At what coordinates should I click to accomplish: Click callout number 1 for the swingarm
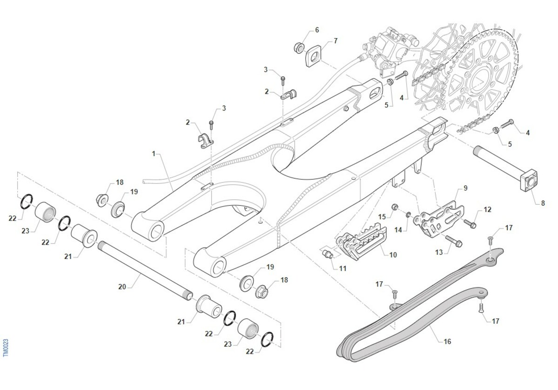[154, 154]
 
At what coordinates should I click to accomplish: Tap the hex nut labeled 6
[299, 48]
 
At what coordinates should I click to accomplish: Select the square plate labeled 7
[313, 56]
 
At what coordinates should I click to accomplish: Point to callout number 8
[543, 203]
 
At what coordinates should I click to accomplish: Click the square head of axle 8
[529, 180]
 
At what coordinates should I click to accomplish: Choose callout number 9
[465, 188]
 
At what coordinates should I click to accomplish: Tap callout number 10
[393, 255]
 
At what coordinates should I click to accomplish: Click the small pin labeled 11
[327, 254]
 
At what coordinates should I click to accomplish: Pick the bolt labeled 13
[454, 241]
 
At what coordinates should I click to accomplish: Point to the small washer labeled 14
[408, 214]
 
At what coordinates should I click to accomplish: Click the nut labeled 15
[395, 207]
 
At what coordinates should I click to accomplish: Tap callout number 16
[447, 341]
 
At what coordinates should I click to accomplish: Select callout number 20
[122, 287]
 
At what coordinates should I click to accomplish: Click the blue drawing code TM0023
[6, 348]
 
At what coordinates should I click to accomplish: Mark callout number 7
[336, 40]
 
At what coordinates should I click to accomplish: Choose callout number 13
[438, 252]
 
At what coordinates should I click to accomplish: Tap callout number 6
[317, 30]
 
